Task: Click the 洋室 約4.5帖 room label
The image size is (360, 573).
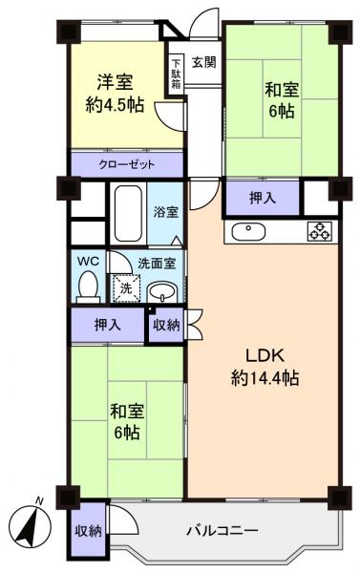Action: pos(120,94)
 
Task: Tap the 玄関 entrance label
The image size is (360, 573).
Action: pos(202,63)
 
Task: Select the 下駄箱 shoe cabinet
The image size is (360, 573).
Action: pos(176,74)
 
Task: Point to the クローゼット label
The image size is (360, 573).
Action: pos(125,164)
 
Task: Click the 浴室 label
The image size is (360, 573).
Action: pos(166,212)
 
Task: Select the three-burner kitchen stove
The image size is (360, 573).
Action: pos(318,230)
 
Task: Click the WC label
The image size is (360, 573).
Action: pos(87,259)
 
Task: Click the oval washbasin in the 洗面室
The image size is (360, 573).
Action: pos(163,291)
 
